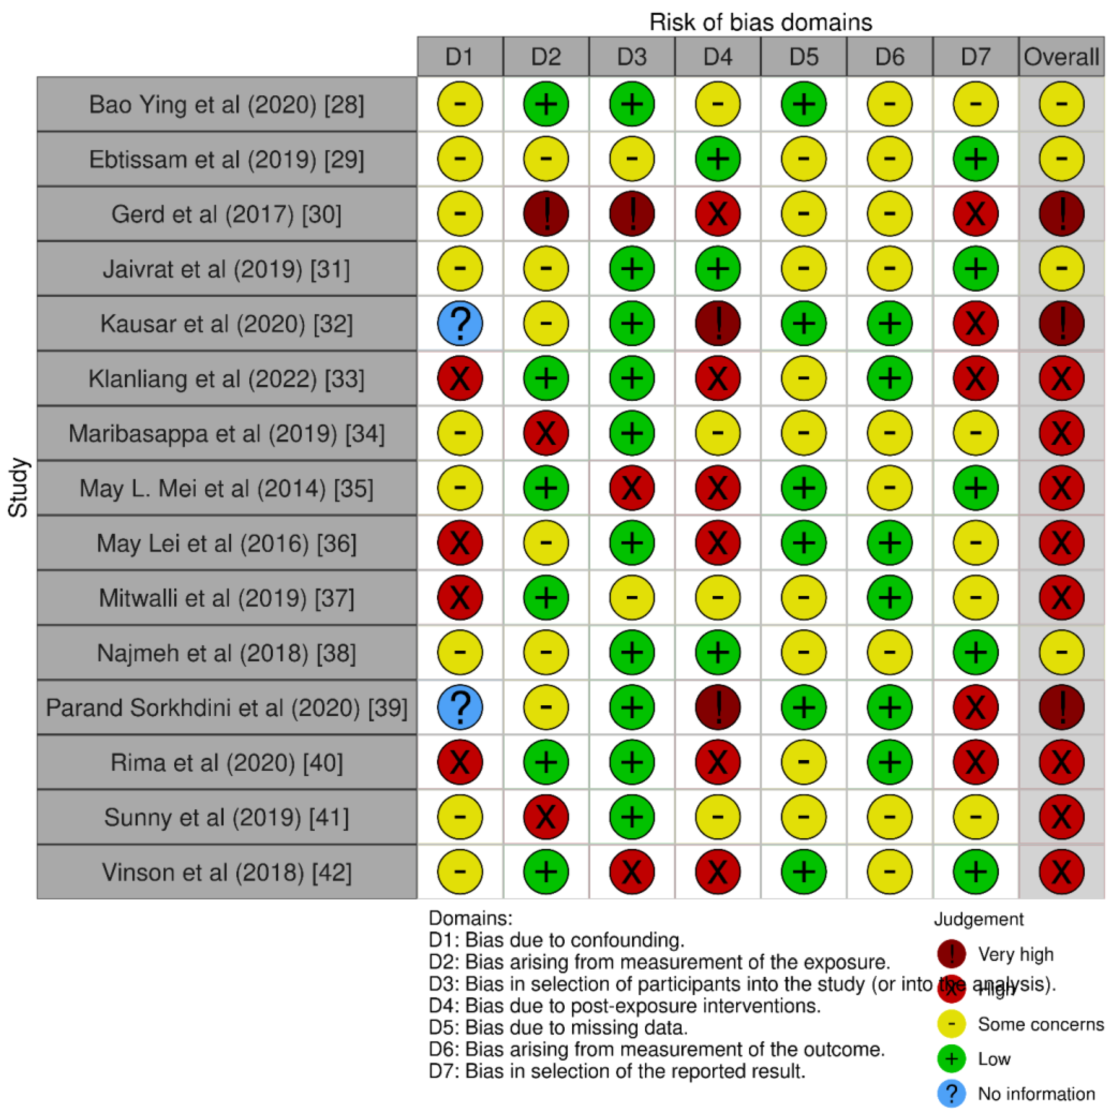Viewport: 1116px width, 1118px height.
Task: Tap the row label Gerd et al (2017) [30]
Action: point(226,214)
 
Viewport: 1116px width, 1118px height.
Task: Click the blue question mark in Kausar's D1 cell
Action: point(460,323)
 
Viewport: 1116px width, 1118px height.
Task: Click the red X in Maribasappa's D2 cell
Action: point(545,433)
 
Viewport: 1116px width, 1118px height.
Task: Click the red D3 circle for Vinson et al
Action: point(631,871)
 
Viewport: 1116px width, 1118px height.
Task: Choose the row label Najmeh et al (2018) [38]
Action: point(226,653)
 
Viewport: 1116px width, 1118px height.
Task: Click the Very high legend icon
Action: point(951,954)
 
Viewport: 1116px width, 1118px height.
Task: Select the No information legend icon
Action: point(951,1093)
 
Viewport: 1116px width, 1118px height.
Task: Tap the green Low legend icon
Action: point(951,1058)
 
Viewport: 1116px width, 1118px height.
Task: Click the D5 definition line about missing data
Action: point(558,1028)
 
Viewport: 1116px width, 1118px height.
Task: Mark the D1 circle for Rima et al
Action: point(460,762)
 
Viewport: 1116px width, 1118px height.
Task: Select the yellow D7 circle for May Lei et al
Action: point(975,543)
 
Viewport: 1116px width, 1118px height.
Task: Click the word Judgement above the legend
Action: point(978,919)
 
